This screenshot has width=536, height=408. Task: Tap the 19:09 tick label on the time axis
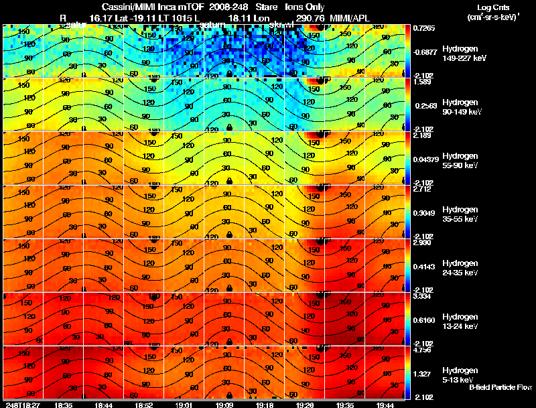(224, 405)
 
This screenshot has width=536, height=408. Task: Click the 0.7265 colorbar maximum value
(425, 28)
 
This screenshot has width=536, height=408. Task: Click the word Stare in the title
(266, 7)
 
